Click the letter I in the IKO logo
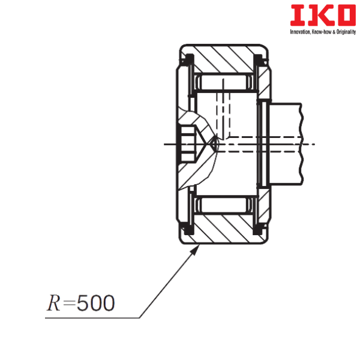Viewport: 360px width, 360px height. [295, 16]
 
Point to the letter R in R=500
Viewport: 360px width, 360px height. [53, 304]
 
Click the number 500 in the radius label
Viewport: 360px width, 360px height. [96, 304]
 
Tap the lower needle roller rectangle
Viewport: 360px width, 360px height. [223, 206]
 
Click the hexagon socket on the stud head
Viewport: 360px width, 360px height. [188, 144]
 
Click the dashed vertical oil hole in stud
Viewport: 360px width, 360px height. [225, 114]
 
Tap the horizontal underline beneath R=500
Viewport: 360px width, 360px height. [90, 318]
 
